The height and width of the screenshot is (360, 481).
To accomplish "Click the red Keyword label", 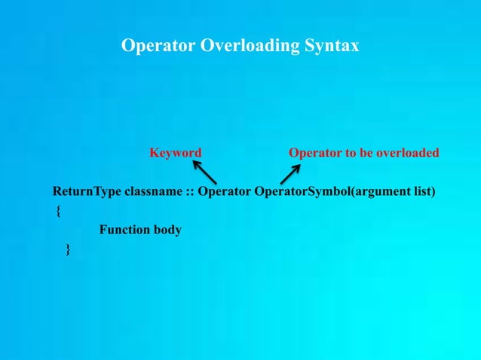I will point(175,153).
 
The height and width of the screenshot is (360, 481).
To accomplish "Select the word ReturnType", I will point(88,191).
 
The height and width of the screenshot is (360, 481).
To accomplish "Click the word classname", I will point(152,191).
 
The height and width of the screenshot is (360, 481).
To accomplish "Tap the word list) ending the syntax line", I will point(424,191).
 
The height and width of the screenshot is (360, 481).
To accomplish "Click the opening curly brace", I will point(58,212).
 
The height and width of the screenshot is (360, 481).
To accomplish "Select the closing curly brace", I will point(69,249).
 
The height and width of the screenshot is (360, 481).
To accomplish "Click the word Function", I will point(125,230).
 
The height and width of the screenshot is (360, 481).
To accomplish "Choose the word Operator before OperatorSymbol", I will point(224,191).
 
